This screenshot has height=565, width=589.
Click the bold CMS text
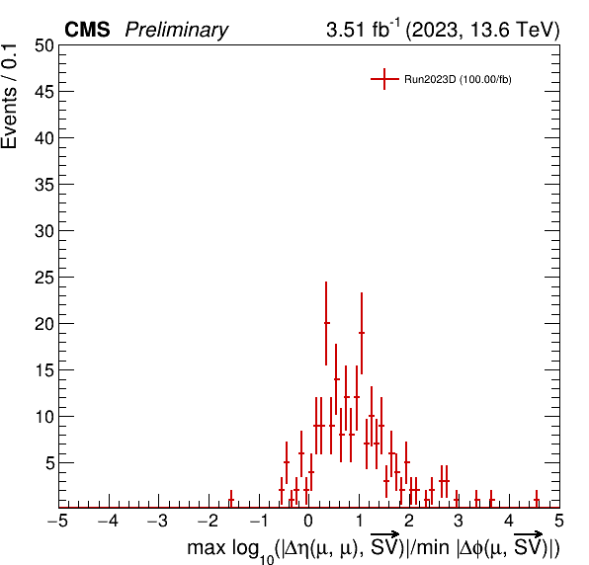87,30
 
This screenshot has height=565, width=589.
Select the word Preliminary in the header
177,30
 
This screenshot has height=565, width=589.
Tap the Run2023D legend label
458,79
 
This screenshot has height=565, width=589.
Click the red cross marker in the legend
384,79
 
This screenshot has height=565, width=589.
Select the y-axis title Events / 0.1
9,97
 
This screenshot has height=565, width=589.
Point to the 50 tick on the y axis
44,45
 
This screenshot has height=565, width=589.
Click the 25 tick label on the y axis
44,278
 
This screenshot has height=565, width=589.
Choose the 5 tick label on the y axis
50,463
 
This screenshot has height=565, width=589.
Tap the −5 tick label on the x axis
57,522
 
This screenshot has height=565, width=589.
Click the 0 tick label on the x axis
308,522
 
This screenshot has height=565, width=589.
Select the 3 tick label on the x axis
459,522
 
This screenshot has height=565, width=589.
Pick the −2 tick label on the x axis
208,522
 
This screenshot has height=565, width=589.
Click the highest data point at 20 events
326,323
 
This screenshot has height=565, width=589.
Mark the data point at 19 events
362,333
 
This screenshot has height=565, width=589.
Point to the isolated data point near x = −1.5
231,499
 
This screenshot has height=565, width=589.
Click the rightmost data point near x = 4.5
537,499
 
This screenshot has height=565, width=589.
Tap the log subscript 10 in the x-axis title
267,559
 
